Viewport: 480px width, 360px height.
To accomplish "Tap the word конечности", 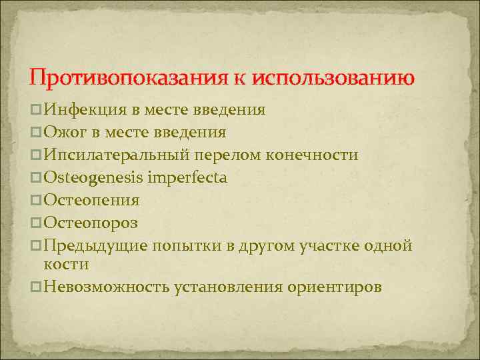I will [313, 155].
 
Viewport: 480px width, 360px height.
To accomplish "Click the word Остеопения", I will [91, 201].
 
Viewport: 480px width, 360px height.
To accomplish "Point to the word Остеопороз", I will [90, 223].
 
